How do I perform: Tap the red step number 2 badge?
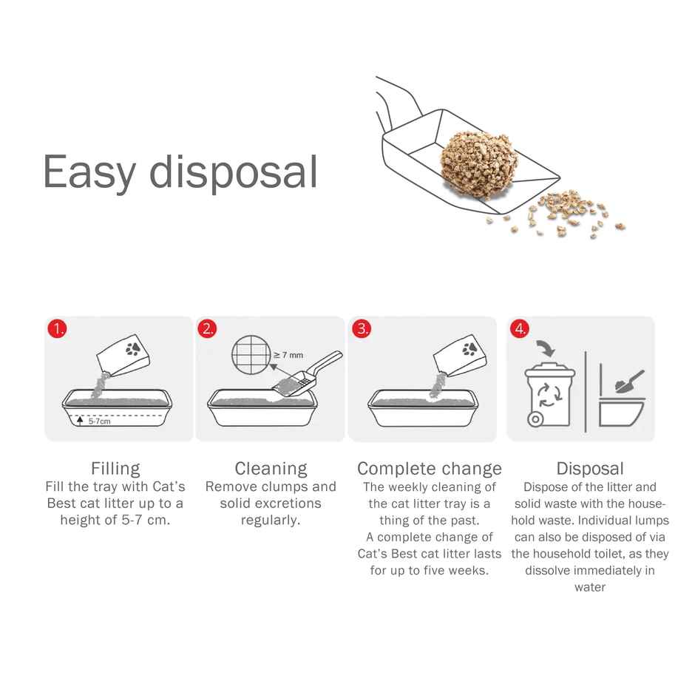point(208,329)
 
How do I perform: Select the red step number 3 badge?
point(362,329)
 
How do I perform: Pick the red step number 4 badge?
point(521,329)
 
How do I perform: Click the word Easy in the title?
point(89,172)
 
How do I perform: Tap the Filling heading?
point(115,469)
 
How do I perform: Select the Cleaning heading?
point(271,469)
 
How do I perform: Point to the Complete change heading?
point(430,469)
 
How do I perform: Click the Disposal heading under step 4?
point(590,469)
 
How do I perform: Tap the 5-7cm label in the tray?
point(99,421)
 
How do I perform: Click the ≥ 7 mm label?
point(288,355)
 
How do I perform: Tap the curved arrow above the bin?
point(546,346)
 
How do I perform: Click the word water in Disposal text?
point(590,587)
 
